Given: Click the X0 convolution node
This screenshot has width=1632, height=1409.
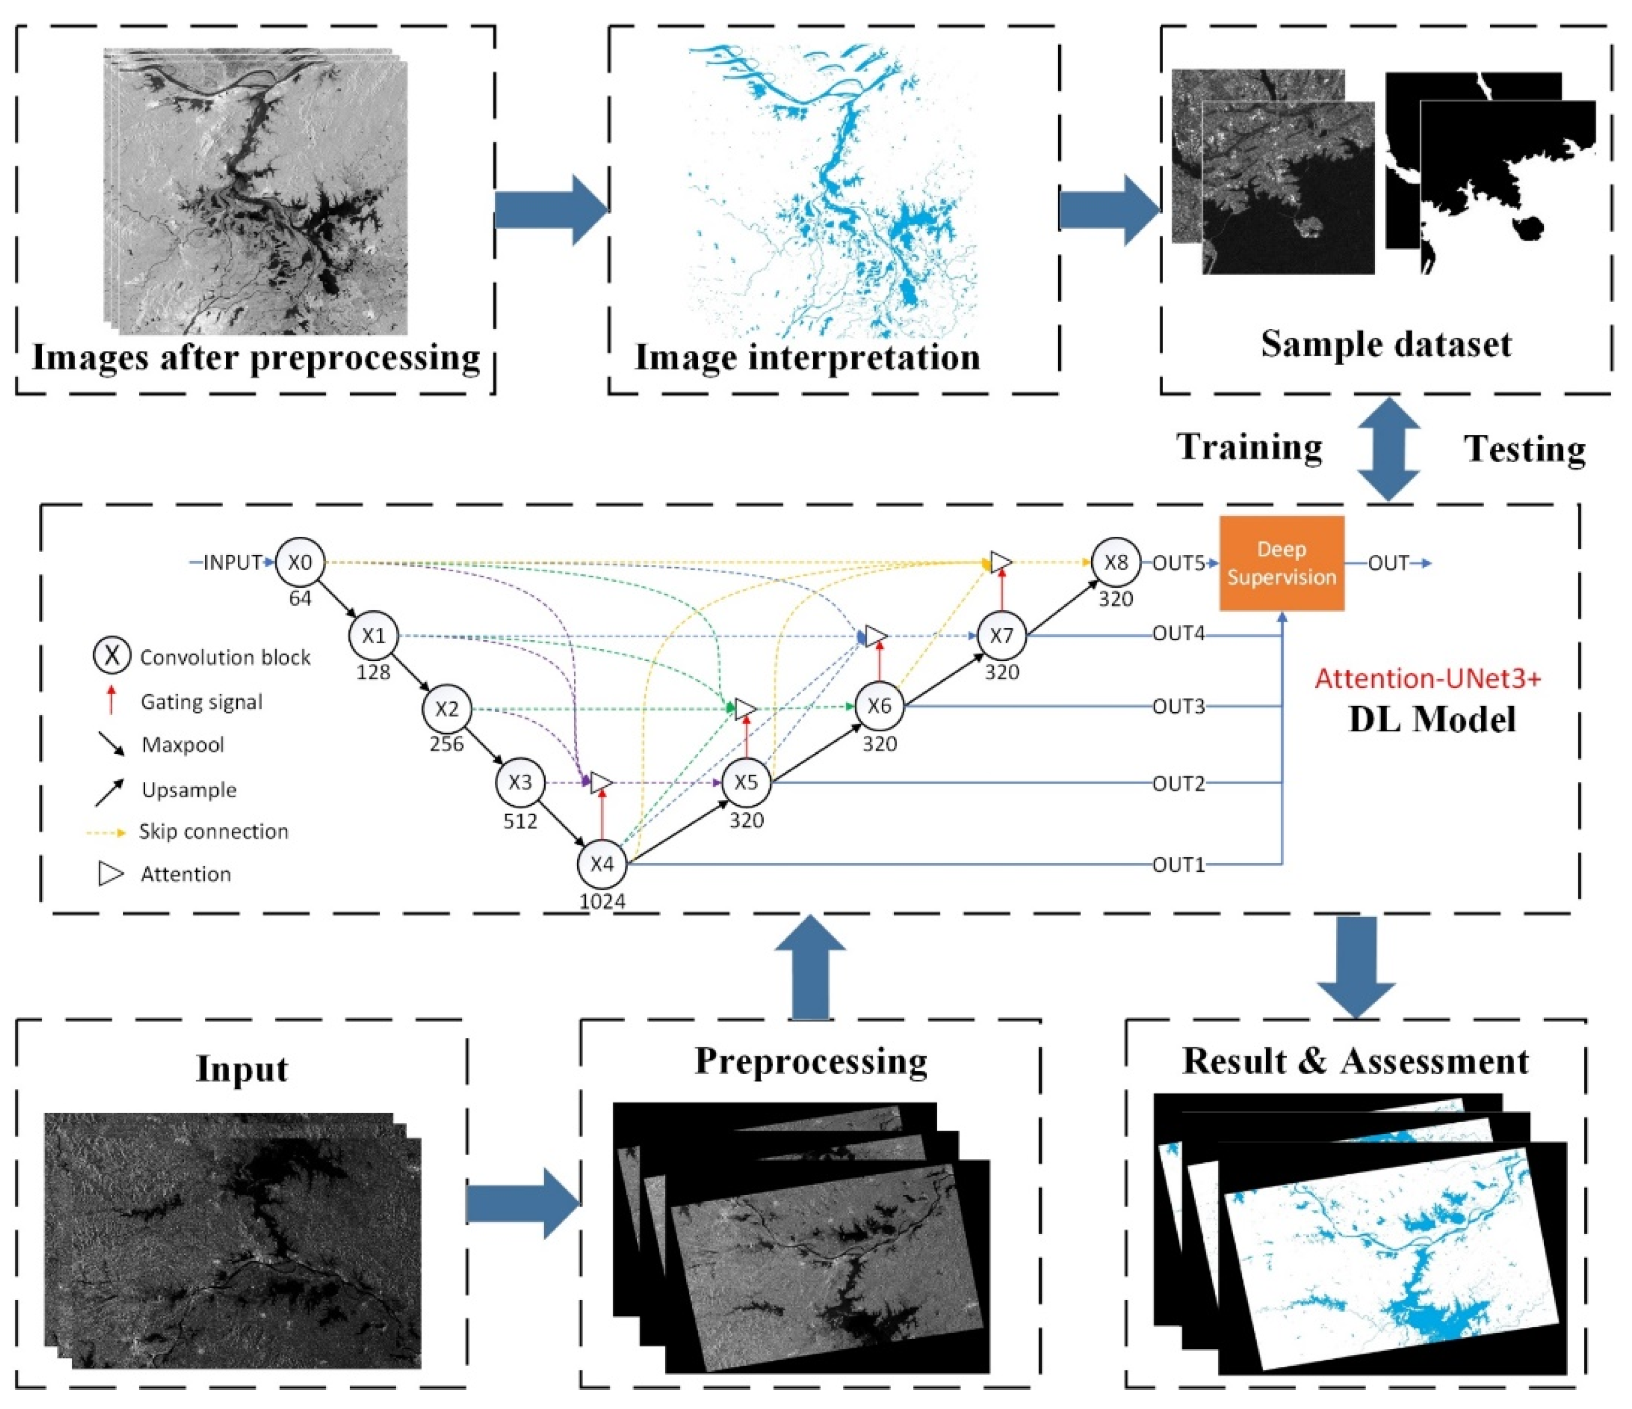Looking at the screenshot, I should tap(300, 563).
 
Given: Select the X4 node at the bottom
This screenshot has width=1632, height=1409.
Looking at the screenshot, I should tap(602, 863).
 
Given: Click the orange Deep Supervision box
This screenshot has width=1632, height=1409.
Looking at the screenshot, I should tap(1281, 564).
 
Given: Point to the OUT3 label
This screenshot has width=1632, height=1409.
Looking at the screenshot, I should tap(1178, 707).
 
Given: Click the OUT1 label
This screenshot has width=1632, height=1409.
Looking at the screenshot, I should tap(1178, 865).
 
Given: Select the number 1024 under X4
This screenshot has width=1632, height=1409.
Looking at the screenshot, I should tap(603, 901).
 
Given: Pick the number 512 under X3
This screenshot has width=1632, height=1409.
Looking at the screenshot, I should tap(520, 821).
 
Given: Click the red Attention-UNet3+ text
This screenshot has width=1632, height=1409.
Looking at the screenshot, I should tap(1427, 679).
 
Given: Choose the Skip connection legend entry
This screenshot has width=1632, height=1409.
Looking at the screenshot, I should tap(213, 831).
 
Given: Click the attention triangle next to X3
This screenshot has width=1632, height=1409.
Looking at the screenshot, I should tap(601, 782).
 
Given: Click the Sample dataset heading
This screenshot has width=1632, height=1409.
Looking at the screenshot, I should tap(1386, 344).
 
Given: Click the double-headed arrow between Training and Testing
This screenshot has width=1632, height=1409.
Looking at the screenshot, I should tap(1389, 449).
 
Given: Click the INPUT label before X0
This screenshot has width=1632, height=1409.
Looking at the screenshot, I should tap(232, 563).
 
